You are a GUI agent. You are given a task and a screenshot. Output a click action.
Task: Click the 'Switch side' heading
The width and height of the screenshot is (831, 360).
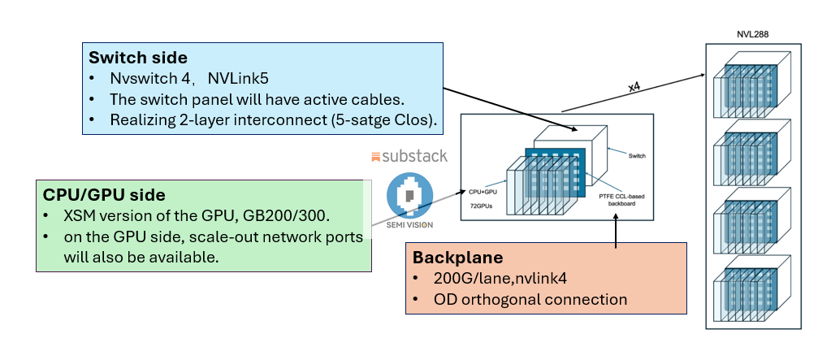click(137, 59)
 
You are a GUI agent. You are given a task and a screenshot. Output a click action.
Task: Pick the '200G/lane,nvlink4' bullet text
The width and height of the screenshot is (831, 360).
click(488, 280)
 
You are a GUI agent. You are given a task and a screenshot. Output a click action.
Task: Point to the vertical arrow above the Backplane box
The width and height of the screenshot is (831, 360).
click(617, 232)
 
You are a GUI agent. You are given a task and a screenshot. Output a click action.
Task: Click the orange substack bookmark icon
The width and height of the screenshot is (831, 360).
click(376, 155)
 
